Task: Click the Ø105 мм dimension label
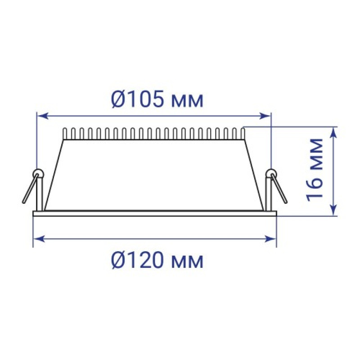pyautogui.click(x=157, y=100)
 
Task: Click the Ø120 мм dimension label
pyautogui.click(x=157, y=261)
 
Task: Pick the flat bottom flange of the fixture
pyautogui.click(x=154, y=214)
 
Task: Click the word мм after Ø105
pyautogui.click(x=189, y=102)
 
